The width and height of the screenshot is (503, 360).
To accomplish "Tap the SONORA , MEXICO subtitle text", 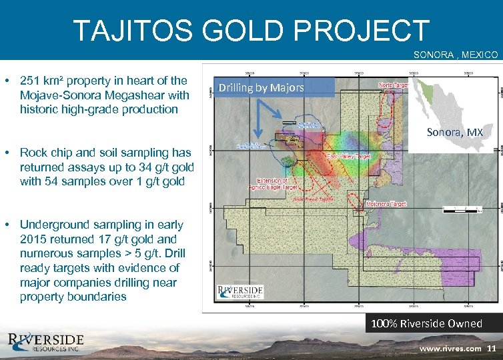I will pyautogui.click(x=456, y=54).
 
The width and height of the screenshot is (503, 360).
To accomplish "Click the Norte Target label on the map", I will pyautogui.click(x=394, y=85).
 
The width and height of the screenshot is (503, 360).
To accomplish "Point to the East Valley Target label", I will pyautogui.click(x=348, y=155).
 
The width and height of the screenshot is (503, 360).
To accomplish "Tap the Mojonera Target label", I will pyautogui.click(x=386, y=203).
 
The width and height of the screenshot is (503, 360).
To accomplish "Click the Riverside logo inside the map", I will pyautogui.click(x=240, y=291).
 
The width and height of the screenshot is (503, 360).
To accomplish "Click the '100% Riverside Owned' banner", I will pyautogui.click(x=426, y=323).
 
